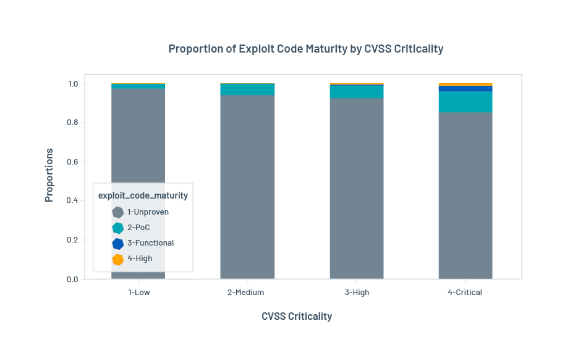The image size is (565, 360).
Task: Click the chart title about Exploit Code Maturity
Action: [x=305, y=49]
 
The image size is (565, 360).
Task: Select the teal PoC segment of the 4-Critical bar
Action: [x=465, y=101]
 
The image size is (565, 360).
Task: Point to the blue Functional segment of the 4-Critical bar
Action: [x=465, y=88]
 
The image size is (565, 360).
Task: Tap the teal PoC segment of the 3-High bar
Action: [x=357, y=92]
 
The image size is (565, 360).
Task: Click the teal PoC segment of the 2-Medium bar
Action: [x=247, y=89]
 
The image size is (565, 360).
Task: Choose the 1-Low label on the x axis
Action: [x=138, y=293]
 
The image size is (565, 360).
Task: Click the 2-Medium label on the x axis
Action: [x=247, y=293]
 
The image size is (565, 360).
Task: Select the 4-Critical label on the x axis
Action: [x=465, y=293]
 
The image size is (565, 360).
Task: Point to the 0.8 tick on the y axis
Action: [x=73, y=122]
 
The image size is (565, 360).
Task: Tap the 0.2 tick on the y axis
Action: [x=73, y=240]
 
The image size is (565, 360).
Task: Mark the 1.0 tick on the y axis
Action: [x=73, y=84]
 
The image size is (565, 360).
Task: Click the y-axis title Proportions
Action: [x=49, y=175]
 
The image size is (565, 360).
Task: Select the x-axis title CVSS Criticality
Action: [x=297, y=316]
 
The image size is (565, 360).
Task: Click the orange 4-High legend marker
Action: [x=118, y=259]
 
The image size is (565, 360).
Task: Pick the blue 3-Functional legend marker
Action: [x=118, y=243]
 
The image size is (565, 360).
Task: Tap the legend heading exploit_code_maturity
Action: [x=143, y=195]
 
